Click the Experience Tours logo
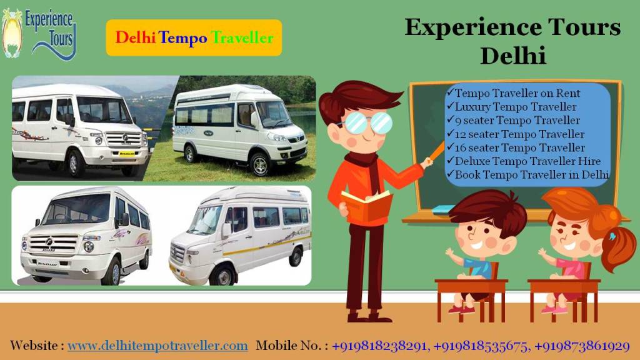(39, 34)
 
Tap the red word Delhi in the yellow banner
(135, 38)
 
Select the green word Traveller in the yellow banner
(242, 38)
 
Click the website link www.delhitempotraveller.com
(157, 346)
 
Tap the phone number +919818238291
(379, 346)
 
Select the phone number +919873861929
(582, 346)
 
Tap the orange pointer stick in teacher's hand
(436, 151)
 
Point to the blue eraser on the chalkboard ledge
(443, 210)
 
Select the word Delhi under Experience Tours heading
(513, 56)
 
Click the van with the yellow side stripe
(241, 236)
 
